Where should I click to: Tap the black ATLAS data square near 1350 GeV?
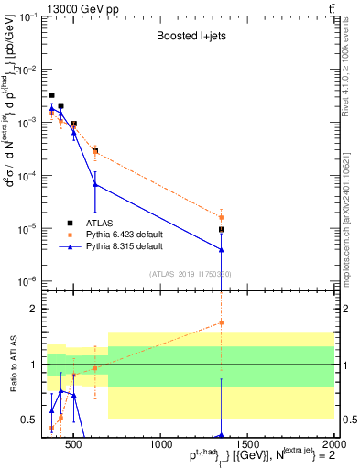pos(222,230)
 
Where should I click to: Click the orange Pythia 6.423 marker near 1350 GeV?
pos(222,217)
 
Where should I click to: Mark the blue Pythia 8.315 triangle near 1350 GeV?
pos(222,249)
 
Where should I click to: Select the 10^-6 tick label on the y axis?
pos(28,281)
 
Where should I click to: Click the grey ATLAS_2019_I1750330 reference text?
pos(190,274)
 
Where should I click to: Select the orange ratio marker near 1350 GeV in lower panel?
pos(222,322)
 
